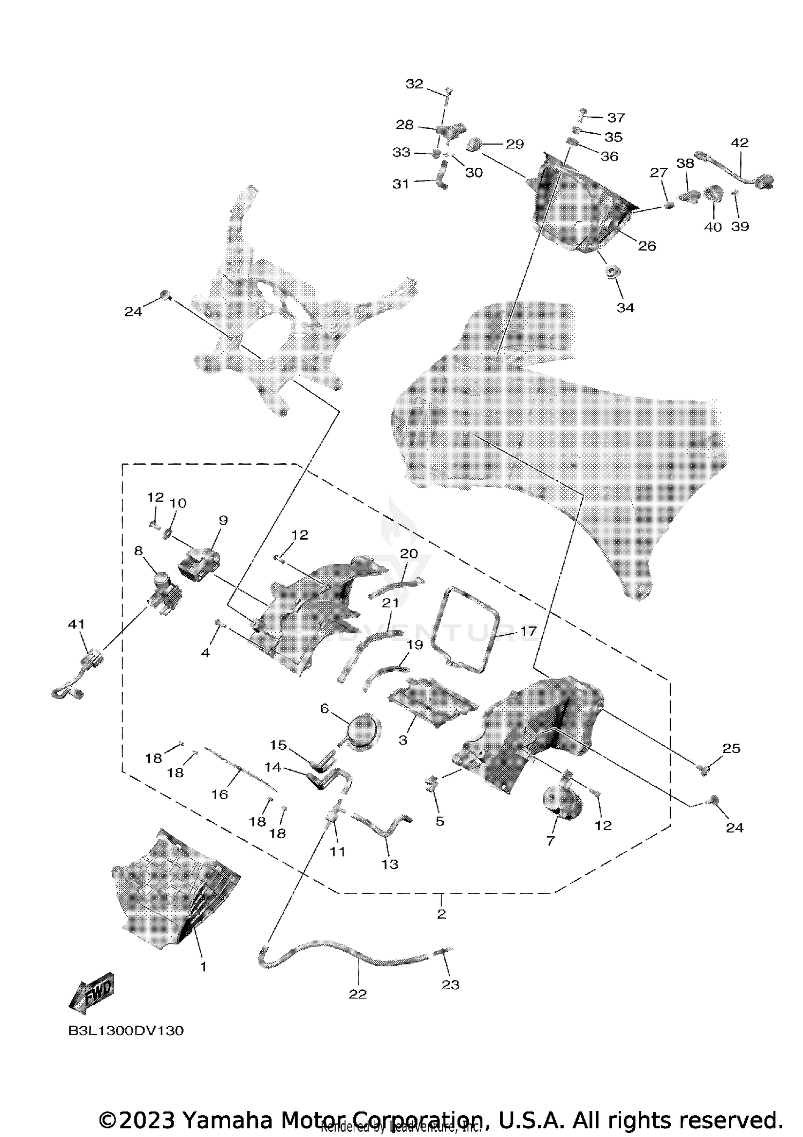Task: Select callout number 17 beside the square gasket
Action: (x=528, y=632)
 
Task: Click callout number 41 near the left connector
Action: (x=76, y=624)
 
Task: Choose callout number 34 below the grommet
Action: (x=625, y=307)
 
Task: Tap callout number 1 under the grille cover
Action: (x=203, y=967)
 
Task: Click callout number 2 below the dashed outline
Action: (x=441, y=914)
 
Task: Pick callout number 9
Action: (x=223, y=520)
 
